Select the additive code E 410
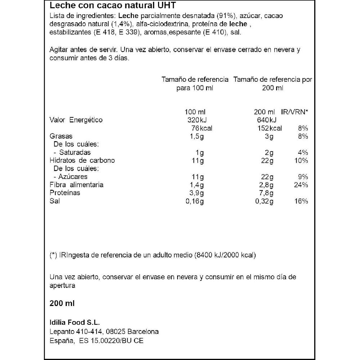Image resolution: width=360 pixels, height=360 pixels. (211, 32)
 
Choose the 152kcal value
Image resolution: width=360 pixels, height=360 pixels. (270, 128)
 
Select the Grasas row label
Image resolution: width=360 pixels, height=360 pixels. (61, 136)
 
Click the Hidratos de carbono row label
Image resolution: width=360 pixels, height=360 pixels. (82, 160)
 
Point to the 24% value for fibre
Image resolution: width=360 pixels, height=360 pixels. (300, 185)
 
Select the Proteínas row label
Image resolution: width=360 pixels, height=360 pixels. (65, 193)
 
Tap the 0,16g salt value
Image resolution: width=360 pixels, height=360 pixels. (194, 201)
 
